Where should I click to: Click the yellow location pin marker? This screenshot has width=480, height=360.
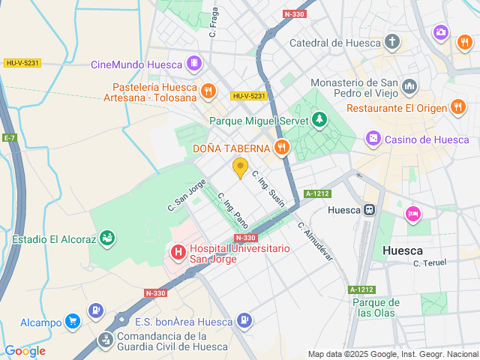coord(240,168)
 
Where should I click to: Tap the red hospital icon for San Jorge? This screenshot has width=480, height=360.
coord(178,253)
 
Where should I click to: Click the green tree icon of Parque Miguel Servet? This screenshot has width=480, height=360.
coord(320,120)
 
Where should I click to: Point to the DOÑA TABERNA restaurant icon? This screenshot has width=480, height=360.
coord(282,148)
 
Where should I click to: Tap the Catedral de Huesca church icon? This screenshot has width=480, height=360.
coord(391,42)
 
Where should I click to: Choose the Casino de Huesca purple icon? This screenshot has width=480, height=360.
coord(372,139)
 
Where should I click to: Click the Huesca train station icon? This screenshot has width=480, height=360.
coord(370,211)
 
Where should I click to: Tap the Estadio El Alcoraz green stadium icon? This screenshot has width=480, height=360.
coord(107,240)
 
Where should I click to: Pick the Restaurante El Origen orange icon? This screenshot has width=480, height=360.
coord(458,107)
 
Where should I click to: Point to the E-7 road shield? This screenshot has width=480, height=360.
coord(10,138)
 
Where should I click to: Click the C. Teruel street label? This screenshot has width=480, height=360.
coord(430,263)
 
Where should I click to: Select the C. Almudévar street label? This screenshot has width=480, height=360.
coord(314,240)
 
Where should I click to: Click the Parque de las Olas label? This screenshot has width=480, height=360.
coord(376,307)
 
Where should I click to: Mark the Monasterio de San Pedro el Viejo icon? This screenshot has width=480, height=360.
coord(409,87)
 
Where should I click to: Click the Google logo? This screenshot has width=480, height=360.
coord(25,351)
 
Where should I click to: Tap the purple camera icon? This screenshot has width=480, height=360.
coord(441,32)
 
